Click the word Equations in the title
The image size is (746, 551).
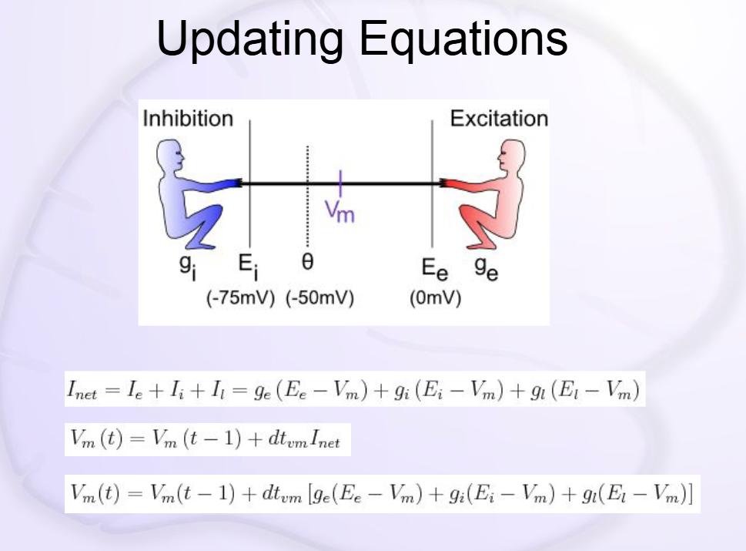pyautogui.click(x=463, y=38)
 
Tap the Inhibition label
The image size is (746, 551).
pyautogui.click(x=188, y=119)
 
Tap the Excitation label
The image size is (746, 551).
pyautogui.click(x=499, y=119)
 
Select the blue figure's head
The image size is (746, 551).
pyautogui.click(x=170, y=155)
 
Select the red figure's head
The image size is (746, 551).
pyautogui.click(x=511, y=156)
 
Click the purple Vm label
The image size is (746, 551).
pyautogui.click(x=340, y=211)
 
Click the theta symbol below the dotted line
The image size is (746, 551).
pyautogui.click(x=307, y=261)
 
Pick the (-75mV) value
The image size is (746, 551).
pyautogui.click(x=240, y=298)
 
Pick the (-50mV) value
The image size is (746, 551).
pyautogui.click(x=319, y=298)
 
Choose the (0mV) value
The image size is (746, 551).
pyautogui.click(x=435, y=298)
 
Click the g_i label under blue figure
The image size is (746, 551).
pyautogui.click(x=188, y=266)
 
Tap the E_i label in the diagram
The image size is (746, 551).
pyautogui.click(x=249, y=267)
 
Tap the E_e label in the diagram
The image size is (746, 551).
pyautogui.click(x=434, y=269)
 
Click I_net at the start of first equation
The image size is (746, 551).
pyautogui.click(x=82, y=390)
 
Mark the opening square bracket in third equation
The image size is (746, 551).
pyautogui.click(x=311, y=493)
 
